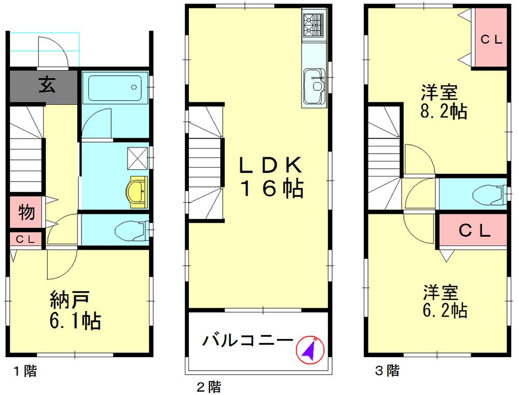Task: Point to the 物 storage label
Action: point(26,212)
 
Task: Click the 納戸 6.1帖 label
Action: point(75,310)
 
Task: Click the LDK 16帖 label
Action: point(269,177)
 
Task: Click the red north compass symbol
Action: point(310,350)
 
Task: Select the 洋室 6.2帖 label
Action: point(444,301)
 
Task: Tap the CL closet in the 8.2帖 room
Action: point(489,40)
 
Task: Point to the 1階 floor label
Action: point(25,371)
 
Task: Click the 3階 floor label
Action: point(387,371)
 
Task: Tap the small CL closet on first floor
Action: point(25,239)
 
